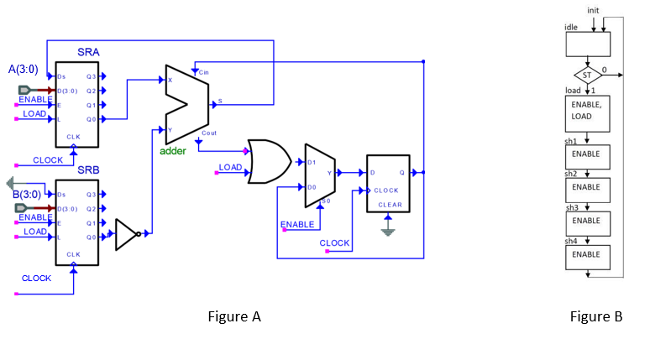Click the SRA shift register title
89,52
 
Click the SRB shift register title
89,170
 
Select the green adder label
173,151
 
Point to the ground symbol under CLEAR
387,227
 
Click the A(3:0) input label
24,69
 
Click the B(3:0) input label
25,195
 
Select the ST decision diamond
587,75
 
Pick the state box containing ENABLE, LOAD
587,111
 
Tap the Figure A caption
234,316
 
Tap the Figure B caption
595,316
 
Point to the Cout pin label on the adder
209,133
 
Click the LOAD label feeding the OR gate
230,167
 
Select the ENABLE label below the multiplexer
297,225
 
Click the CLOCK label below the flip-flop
334,243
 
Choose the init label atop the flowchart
593,9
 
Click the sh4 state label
571,241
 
